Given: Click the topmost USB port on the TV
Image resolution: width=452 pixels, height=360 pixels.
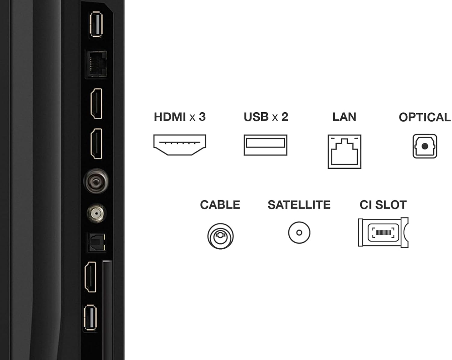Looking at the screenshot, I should (96, 24).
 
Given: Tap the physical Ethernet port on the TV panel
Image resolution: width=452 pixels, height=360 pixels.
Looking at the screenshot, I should (97, 64).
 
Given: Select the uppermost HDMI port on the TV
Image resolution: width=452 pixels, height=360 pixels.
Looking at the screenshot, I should (96, 103).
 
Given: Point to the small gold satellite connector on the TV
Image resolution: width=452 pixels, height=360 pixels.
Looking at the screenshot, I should (96, 214).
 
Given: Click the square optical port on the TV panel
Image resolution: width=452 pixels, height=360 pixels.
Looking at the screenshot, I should (97, 242).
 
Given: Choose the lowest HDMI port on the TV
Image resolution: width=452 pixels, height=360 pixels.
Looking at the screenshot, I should (90, 277).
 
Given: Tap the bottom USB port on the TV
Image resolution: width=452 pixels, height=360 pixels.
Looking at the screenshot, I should (90, 318).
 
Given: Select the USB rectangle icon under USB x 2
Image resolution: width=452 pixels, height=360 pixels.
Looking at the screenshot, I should (265, 145).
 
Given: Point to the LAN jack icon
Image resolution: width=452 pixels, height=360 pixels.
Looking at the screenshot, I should (344, 152).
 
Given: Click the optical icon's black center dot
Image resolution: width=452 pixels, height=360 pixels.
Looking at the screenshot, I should (425, 146).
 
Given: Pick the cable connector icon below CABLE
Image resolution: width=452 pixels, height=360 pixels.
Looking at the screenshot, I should (220, 236).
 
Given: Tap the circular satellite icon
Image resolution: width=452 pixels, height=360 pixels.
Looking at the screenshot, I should (299, 233).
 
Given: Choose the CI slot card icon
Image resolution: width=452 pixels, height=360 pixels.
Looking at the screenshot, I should (383, 233).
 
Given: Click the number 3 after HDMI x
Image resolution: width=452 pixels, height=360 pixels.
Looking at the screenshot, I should (202, 117).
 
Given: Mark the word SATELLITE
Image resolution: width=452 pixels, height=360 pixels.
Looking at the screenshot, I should (299, 205).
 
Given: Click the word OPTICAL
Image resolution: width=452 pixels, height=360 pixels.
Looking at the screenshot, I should (425, 117).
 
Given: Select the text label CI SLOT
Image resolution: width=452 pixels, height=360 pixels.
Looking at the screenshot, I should (383, 205).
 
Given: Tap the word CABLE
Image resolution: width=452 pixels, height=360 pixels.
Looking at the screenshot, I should (220, 205).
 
